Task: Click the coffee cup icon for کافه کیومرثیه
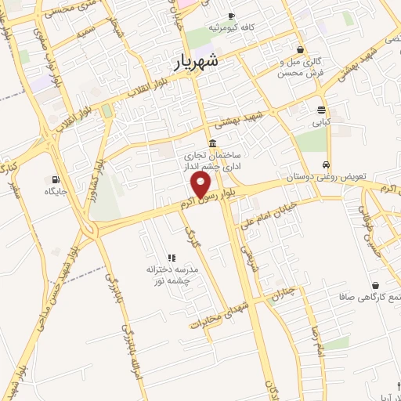click(231, 16)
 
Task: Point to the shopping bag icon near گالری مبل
click(300, 49)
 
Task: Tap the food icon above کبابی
click(321, 110)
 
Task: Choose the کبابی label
click(321, 122)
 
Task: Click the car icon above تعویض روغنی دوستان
click(325, 164)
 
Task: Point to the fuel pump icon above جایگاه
click(54, 179)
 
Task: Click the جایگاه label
click(55, 191)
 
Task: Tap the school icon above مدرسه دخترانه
click(170, 258)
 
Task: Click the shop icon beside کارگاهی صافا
click(376, 285)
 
